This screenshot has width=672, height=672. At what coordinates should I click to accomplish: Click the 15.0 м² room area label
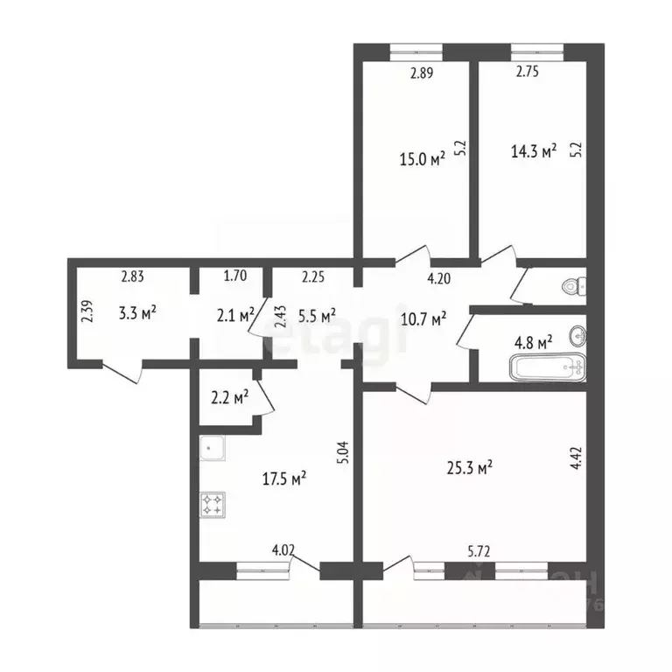click(x=423, y=158)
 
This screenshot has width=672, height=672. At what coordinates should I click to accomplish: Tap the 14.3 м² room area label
click(x=534, y=151)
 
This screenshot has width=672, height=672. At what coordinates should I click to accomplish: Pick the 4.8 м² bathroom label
click(x=531, y=343)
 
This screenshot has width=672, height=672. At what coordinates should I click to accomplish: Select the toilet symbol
click(x=574, y=284)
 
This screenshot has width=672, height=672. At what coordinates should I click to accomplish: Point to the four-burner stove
click(x=212, y=504)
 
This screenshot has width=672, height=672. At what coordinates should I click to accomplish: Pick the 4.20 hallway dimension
click(x=439, y=279)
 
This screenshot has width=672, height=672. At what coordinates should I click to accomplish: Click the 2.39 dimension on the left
click(x=86, y=311)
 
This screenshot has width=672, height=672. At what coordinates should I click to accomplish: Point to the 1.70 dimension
click(x=235, y=277)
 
